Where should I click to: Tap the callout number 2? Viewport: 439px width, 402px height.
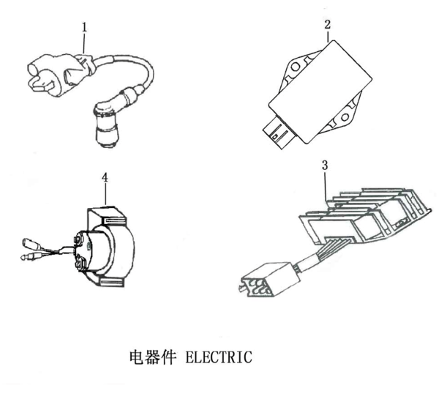pos(327,24)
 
